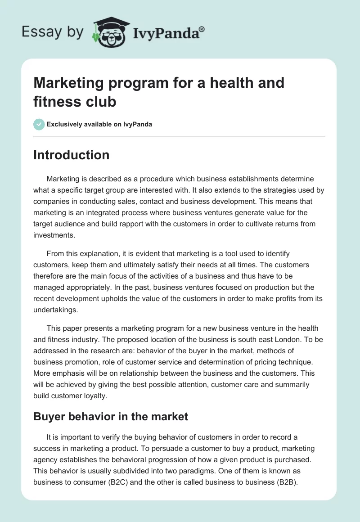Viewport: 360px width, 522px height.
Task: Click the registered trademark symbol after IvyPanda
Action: click(x=202, y=29)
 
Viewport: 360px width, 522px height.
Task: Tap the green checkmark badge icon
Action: click(x=39, y=124)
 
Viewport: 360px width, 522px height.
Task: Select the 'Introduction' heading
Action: click(x=71, y=155)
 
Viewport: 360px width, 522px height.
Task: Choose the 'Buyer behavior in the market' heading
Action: click(x=111, y=417)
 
